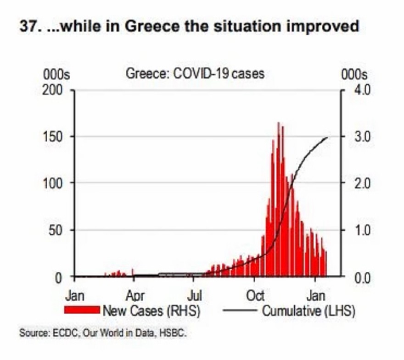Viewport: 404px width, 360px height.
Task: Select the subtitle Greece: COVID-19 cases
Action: tap(195, 73)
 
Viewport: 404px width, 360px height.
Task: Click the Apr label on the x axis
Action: tap(135, 295)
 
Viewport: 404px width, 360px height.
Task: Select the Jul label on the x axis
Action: tap(196, 295)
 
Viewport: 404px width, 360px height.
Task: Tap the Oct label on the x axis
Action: tap(256, 295)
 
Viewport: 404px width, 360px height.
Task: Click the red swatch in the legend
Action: tap(83, 310)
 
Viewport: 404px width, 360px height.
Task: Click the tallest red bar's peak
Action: tap(278, 123)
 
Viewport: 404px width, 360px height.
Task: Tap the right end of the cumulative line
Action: tap(327, 137)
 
